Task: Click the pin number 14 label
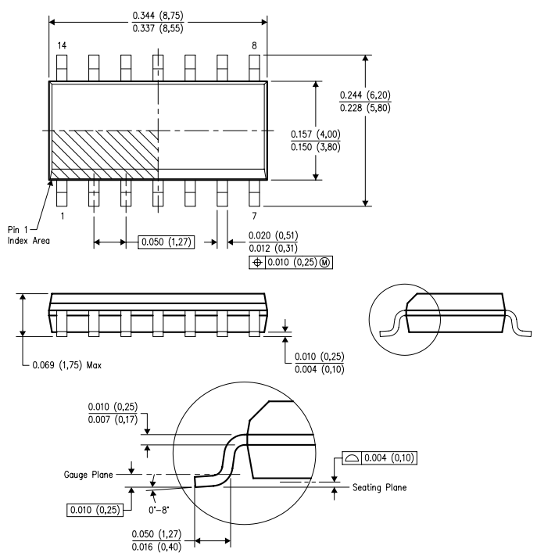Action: (62, 45)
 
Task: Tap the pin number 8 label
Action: (254, 45)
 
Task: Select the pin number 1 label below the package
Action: (63, 216)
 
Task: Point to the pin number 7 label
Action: (254, 216)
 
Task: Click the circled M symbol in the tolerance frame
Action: (324, 263)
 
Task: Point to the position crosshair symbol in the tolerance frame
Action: (257, 263)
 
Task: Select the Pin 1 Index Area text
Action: (29, 235)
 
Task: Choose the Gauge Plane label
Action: (88, 475)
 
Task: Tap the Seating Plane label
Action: (379, 487)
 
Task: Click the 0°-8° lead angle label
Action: (159, 510)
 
